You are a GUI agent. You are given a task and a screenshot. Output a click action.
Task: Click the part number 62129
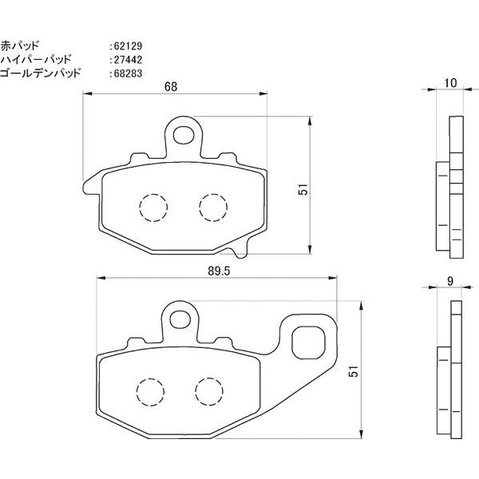pos(128,46)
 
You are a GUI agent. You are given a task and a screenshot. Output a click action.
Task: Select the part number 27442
pos(128,60)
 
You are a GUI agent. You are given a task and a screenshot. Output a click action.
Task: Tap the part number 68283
pos(128,73)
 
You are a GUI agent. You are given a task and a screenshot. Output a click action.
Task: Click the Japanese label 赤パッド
pos(20,46)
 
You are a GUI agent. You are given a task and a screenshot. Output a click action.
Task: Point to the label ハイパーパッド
pos(36,59)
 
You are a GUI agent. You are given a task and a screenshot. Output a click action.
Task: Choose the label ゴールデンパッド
pos(41,73)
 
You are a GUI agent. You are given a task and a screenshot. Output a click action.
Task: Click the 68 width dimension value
pos(171,87)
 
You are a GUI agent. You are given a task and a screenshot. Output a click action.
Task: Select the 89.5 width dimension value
pos(219,271)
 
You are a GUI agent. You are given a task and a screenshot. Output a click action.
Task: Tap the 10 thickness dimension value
pos(450,83)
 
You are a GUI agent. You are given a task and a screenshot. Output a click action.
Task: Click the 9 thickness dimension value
pos(450,281)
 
